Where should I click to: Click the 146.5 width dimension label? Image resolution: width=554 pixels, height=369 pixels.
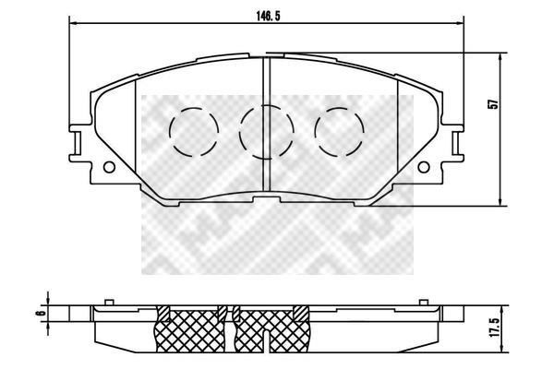(x=268, y=16)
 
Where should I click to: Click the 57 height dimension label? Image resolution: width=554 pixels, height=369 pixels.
(x=493, y=104)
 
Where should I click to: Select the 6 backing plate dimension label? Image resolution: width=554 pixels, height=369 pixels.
(x=42, y=313)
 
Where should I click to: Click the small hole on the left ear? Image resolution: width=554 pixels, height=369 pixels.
(x=109, y=167)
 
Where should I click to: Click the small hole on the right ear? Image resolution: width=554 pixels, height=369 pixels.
(x=423, y=167)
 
